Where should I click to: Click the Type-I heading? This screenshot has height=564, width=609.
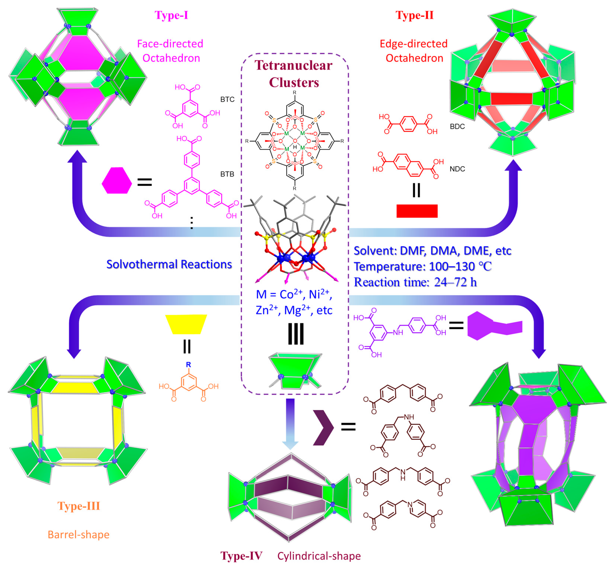point(171,15)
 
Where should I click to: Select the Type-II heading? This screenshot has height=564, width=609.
point(415,15)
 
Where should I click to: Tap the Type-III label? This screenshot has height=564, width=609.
point(79,506)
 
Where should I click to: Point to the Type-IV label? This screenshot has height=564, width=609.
point(241,555)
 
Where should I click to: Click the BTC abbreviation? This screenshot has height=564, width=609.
point(227,99)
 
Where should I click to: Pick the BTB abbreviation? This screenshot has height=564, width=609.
point(227,174)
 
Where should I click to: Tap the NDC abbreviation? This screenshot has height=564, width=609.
point(457,169)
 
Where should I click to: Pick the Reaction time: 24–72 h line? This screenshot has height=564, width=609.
point(415,282)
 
